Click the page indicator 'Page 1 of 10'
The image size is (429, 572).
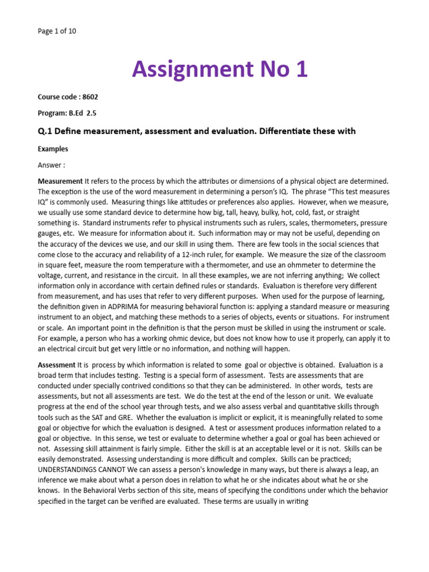(57, 31)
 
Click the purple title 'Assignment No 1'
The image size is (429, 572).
(220, 69)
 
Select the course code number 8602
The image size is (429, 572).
(90, 97)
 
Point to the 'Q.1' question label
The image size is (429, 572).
(45, 131)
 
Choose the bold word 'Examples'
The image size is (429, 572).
(53, 150)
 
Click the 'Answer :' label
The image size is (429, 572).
(51, 165)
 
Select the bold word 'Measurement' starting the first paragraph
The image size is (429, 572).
(60, 182)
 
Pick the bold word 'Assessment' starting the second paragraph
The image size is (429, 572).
(56, 365)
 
